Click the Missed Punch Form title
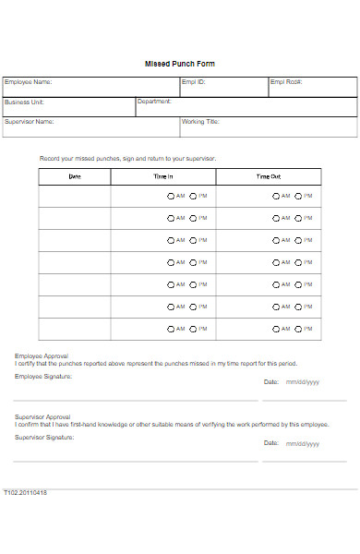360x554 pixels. pos(180,64)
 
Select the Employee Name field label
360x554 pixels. pos(29,82)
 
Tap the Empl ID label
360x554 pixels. pos(194,82)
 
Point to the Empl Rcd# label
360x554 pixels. pos(286,82)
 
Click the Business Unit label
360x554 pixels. pos(25,102)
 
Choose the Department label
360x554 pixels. pos(154,101)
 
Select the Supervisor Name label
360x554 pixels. pos(30,121)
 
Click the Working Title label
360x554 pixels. pos(200,121)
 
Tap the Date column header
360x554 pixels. pos(75,176)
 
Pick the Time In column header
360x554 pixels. pos(163,176)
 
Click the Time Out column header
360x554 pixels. pos(269,176)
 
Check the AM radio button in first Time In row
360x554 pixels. pos(171,197)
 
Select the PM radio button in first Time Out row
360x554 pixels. pos(299,197)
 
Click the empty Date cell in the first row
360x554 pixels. pos(75,197)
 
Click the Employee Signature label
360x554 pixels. pos(43,377)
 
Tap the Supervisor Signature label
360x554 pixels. pos(45,437)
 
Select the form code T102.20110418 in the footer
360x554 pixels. pos(25,493)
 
